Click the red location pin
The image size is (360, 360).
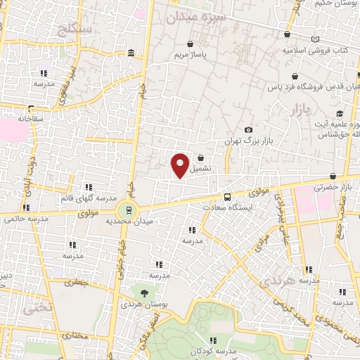[181, 165]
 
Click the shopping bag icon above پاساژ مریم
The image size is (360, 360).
[191, 44]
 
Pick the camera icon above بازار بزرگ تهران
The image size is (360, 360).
[248, 130]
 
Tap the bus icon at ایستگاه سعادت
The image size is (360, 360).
[226, 198]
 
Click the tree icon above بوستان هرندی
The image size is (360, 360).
[143, 292]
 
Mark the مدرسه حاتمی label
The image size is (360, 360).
[29, 219]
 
